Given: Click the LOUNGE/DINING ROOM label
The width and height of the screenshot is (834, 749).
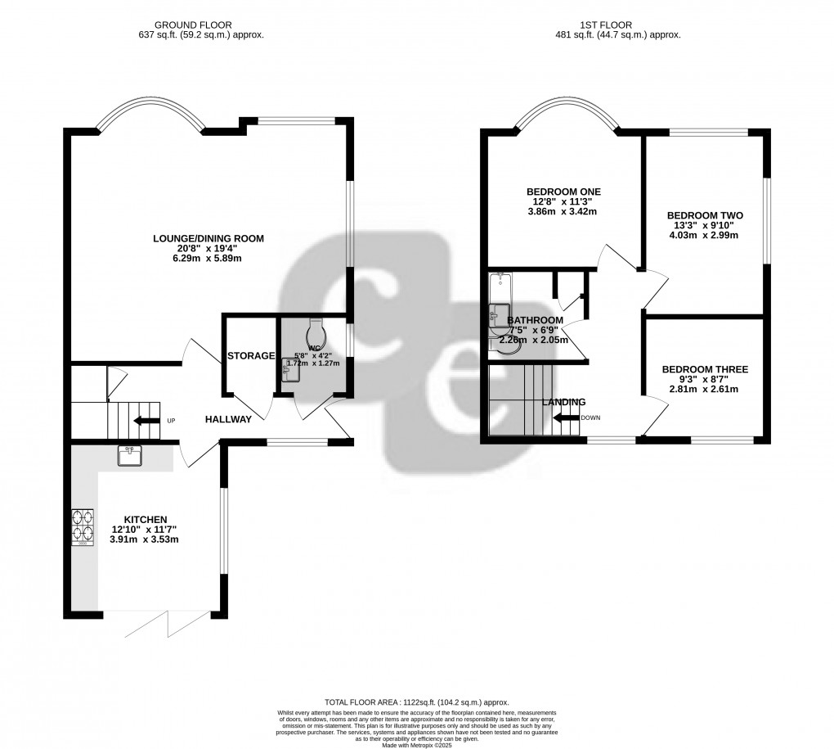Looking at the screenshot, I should (x=208, y=239).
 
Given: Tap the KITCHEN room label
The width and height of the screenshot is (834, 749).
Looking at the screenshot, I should (x=146, y=520).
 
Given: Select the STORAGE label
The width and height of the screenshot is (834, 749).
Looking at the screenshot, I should (x=251, y=356).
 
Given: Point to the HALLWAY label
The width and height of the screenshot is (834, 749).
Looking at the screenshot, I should (x=228, y=418).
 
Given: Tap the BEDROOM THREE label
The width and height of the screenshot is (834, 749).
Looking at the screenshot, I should (x=705, y=369).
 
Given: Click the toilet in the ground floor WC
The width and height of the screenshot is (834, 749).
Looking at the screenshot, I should (x=316, y=333).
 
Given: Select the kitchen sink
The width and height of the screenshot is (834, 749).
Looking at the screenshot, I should (x=131, y=455).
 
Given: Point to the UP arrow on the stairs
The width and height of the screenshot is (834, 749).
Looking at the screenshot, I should (x=147, y=421).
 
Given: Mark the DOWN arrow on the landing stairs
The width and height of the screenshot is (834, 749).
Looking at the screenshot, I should (x=566, y=417).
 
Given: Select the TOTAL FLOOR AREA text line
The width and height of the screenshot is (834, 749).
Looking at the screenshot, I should (x=416, y=702).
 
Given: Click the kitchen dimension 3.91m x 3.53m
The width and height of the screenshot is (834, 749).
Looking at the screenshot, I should (x=146, y=539).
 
